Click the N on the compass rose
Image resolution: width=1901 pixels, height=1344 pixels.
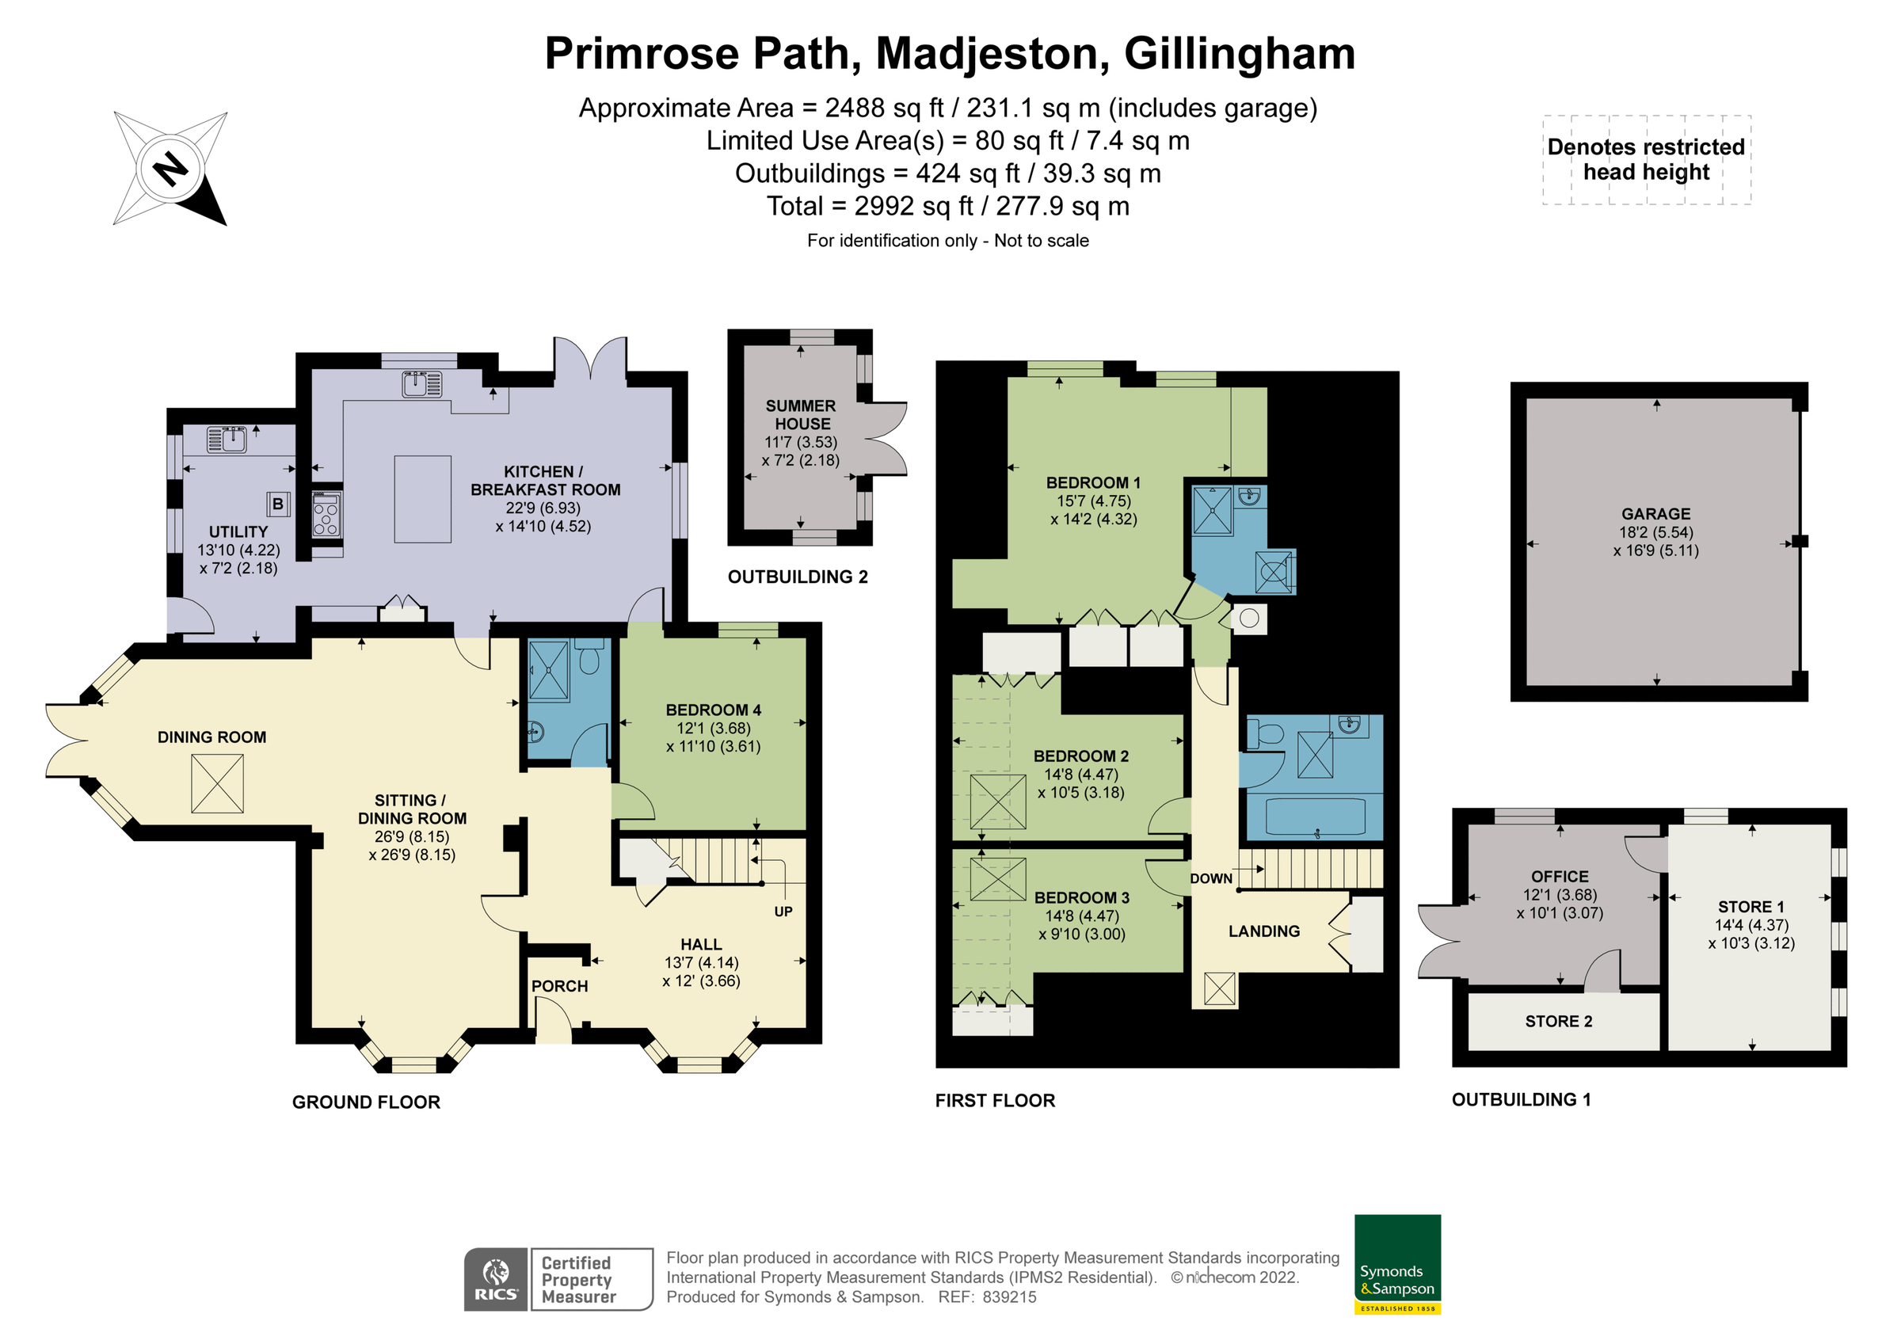[171, 169]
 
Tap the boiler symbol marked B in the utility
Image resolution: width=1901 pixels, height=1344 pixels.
[277, 503]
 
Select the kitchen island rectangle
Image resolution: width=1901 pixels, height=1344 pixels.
[422, 498]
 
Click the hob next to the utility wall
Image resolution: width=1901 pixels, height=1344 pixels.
[326, 513]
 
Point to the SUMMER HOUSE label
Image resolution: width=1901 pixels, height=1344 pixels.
[801, 414]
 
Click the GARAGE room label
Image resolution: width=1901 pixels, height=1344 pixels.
[1655, 513]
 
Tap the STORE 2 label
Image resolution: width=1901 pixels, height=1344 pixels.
[1558, 1021]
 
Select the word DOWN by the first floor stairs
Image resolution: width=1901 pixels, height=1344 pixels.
[1210, 878]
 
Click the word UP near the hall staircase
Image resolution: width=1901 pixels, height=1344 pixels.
[783, 912]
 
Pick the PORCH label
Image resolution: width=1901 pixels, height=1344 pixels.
[560, 986]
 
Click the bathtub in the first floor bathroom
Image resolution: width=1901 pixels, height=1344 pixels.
[1315, 817]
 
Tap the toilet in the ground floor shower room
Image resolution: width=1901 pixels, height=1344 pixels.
[589, 659]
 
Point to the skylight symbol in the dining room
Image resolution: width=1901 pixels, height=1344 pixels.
[217, 783]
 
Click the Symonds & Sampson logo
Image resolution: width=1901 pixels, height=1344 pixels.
[1396, 1264]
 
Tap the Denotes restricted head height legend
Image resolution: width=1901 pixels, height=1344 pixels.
[1645, 159]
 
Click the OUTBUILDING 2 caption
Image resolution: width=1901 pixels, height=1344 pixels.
[798, 577]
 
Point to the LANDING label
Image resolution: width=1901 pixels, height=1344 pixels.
[1263, 931]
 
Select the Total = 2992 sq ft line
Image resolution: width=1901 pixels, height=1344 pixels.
[947, 206]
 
